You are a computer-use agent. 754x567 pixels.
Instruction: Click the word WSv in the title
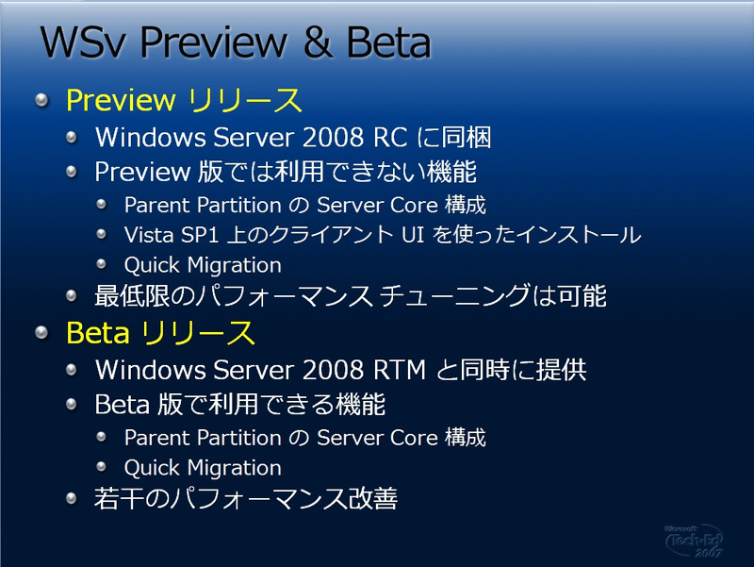(82, 42)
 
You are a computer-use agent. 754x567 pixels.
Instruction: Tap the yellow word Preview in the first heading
(121, 101)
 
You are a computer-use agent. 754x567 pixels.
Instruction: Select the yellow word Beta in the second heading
(98, 333)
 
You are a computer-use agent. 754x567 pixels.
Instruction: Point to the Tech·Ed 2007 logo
(695, 541)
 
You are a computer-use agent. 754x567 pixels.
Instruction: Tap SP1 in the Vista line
(200, 235)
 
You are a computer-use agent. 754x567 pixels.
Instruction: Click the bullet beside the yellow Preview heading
(42, 100)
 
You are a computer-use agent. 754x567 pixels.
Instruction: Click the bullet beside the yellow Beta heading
(42, 333)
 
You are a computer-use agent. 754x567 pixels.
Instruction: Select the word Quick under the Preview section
(152, 265)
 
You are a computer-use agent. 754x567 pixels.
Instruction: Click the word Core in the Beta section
(414, 438)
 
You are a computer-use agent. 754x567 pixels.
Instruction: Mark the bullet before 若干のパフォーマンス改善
(72, 498)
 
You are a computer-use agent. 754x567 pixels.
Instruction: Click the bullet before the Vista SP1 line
(101, 234)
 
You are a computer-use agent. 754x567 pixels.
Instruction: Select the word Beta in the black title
(388, 42)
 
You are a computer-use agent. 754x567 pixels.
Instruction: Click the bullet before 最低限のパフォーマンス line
(72, 295)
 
